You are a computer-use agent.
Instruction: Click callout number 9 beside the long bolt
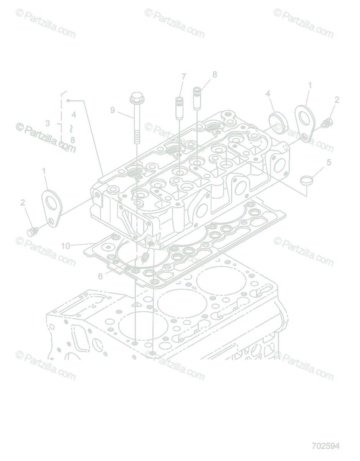pyautogui.click(x=112, y=110)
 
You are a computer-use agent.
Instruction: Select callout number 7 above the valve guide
pyautogui.click(x=184, y=76)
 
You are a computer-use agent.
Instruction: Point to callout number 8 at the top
pyautogui.click(x=215, y=74)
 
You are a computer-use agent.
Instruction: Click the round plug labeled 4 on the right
pyautogui.click(x=278, y=122)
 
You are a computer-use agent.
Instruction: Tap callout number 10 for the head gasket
pyautogui.click(x=66, y=245)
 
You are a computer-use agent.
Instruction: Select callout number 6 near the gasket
pyautogui.click(x=101, y=276)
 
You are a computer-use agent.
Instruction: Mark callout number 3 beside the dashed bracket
pyautogui.click(x=47, y=123)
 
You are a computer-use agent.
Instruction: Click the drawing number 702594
pyautogui.click(x=325, y=446)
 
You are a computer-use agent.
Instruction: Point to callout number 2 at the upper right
pyautogui.click(x=337, y=100)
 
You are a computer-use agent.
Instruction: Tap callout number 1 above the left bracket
pyautogui.click(x=44, y=170)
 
